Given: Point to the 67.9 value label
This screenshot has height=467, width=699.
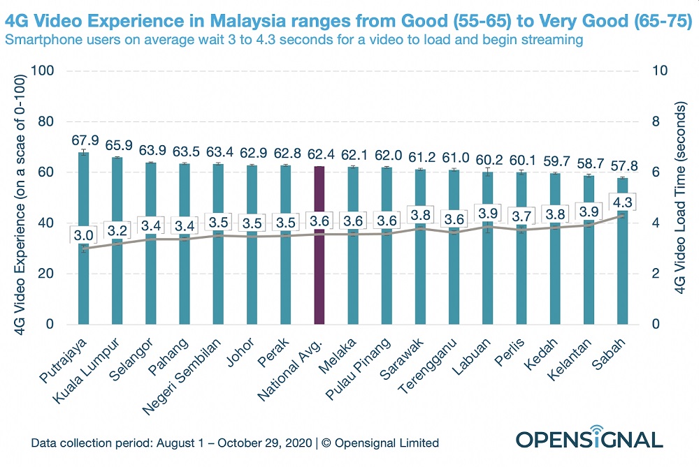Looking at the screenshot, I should coord(83,140).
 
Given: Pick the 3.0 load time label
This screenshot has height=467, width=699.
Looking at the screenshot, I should coord(83,235).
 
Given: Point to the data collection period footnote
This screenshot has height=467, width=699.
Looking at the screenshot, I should coord(235,443).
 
